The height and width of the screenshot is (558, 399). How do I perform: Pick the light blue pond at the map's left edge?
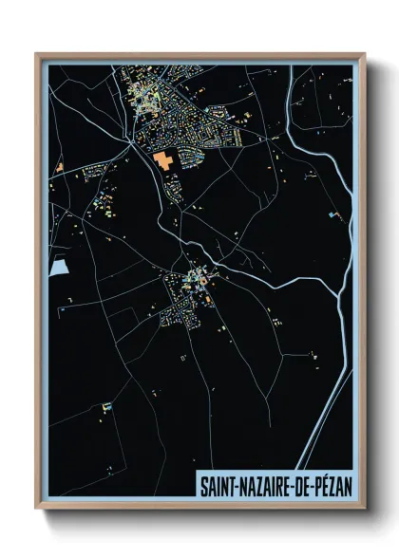click(x=58, y=268)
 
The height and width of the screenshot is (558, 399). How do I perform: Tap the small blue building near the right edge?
click(x=334, y=215)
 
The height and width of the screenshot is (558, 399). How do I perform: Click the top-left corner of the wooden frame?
click(x=37, y=54)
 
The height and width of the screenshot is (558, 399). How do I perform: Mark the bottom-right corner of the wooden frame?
click(x=365, y=508)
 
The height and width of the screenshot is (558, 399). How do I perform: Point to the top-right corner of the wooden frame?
click(x=365, y=54)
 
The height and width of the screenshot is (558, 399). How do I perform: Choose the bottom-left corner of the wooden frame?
click(x=37, y=508)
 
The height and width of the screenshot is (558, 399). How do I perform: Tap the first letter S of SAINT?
click(x=202, y=485)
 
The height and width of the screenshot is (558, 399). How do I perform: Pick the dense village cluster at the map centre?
click(x=185, y=294)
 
